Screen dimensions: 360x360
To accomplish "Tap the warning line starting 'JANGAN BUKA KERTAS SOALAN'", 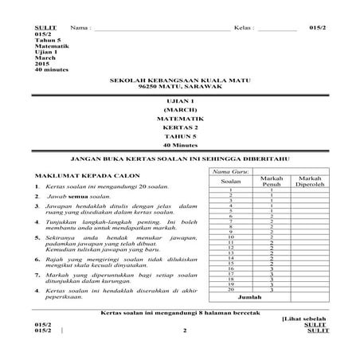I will click(180, 158).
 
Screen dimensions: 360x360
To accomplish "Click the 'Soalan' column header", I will click(229, 182).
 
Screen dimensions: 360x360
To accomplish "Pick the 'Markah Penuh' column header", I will click(272, 182).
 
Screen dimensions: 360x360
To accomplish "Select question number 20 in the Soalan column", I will click(229, 288).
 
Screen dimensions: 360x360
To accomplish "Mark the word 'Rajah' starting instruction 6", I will click(55, 258).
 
